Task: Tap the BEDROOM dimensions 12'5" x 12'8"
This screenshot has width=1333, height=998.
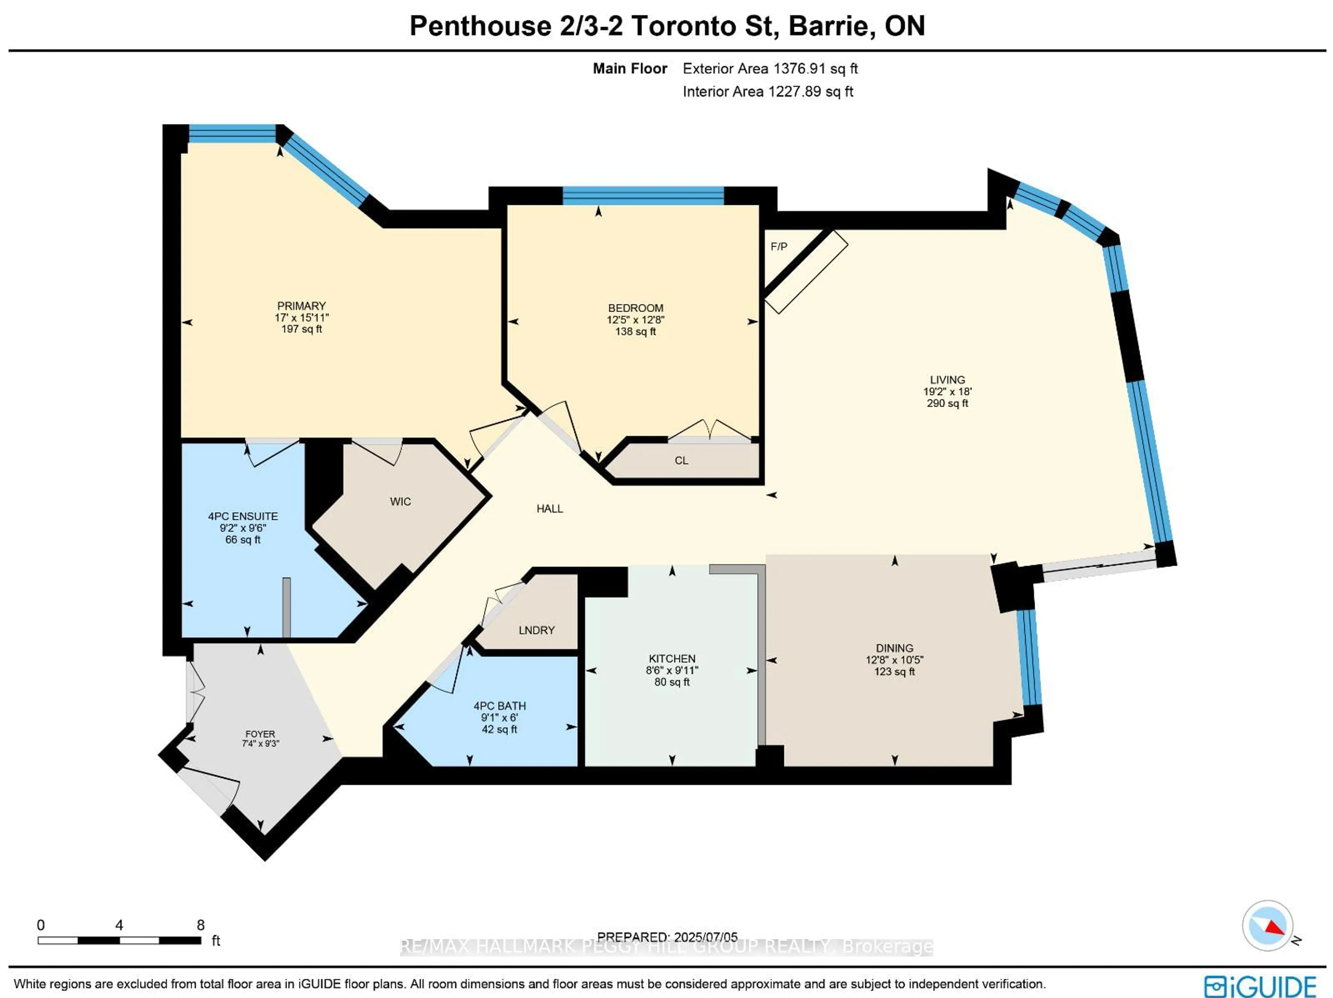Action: pos(635,320)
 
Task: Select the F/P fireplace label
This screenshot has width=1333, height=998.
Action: pos(779,246)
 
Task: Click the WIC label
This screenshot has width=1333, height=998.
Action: pos(400,501)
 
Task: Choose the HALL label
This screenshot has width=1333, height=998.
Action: pos(550,509)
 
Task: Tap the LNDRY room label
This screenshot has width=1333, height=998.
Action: pos(536,630)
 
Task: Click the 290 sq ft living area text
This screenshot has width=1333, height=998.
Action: pos(947,403)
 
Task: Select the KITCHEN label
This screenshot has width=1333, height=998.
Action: pos(672,659)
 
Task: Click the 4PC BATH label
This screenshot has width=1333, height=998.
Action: pos(500,706)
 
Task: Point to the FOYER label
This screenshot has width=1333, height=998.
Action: pos(260,734)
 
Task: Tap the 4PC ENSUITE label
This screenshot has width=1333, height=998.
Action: pos(243,517)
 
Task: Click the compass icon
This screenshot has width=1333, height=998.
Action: pos(1267,925)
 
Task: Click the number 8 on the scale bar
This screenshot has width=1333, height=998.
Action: pos(201,925)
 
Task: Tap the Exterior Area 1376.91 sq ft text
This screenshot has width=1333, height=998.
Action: pos(770,69)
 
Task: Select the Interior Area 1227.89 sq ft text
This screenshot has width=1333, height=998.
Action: pos(768,92)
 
